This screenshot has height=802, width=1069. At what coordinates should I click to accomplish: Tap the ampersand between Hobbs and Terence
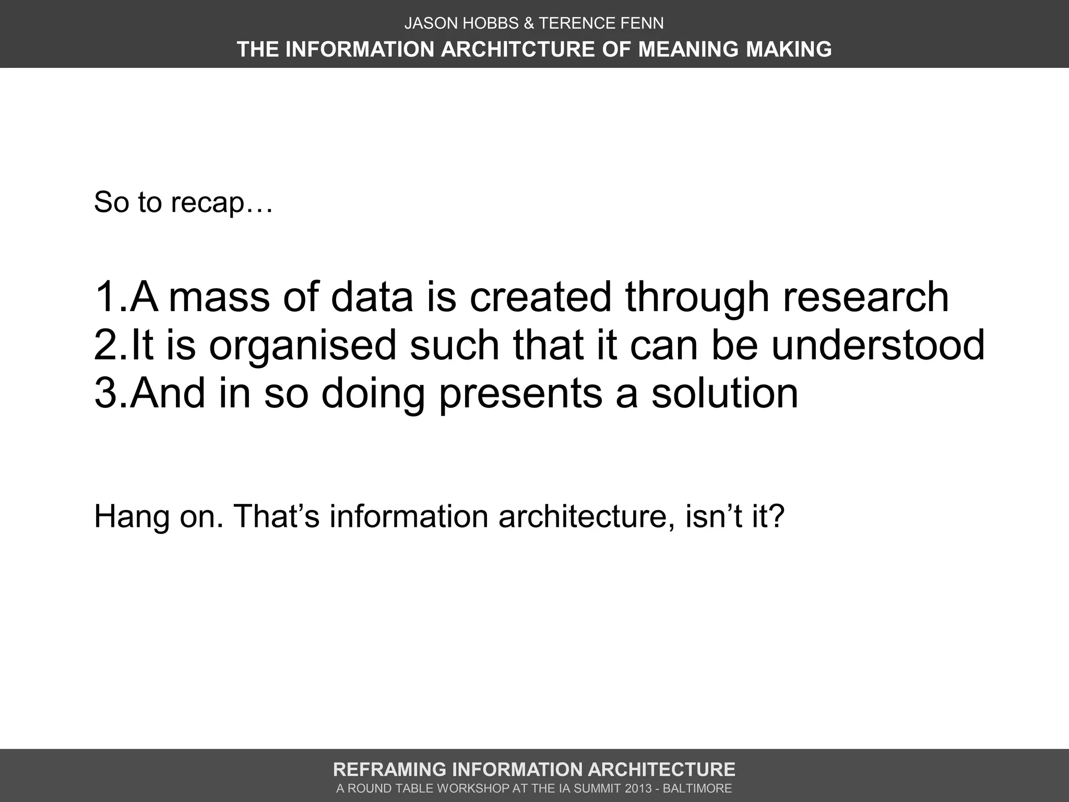click(x=529, y=23)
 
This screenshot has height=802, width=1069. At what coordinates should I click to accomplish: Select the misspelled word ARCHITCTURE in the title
click(x=518, y=49)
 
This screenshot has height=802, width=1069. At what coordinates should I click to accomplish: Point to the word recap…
click(x=222, y=203)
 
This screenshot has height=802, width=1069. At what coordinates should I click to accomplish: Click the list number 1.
click(x=107, y=297)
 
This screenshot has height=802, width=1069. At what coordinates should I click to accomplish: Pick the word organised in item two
click(x=303, y=347)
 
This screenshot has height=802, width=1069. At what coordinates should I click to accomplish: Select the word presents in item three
click(x=520, y=395)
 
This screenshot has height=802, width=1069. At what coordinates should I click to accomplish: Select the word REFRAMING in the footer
click(x=389, y=770)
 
